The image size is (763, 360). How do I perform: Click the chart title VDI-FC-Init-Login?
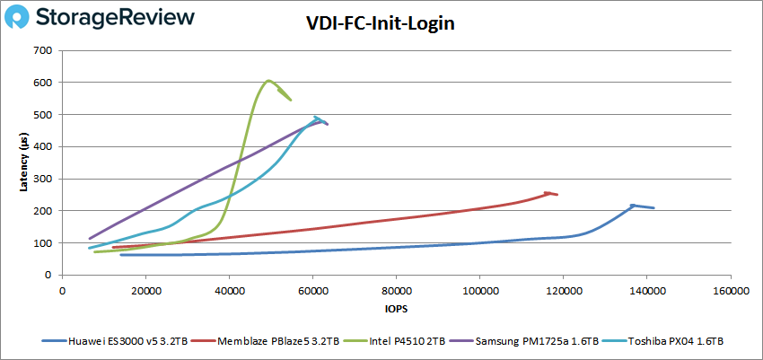[381, 24]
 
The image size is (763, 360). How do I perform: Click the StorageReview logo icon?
[24, 19]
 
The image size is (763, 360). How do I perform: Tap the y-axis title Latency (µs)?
[25, 162]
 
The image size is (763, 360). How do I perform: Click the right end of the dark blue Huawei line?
[654, 208]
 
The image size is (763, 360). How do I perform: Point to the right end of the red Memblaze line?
[557, 195]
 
